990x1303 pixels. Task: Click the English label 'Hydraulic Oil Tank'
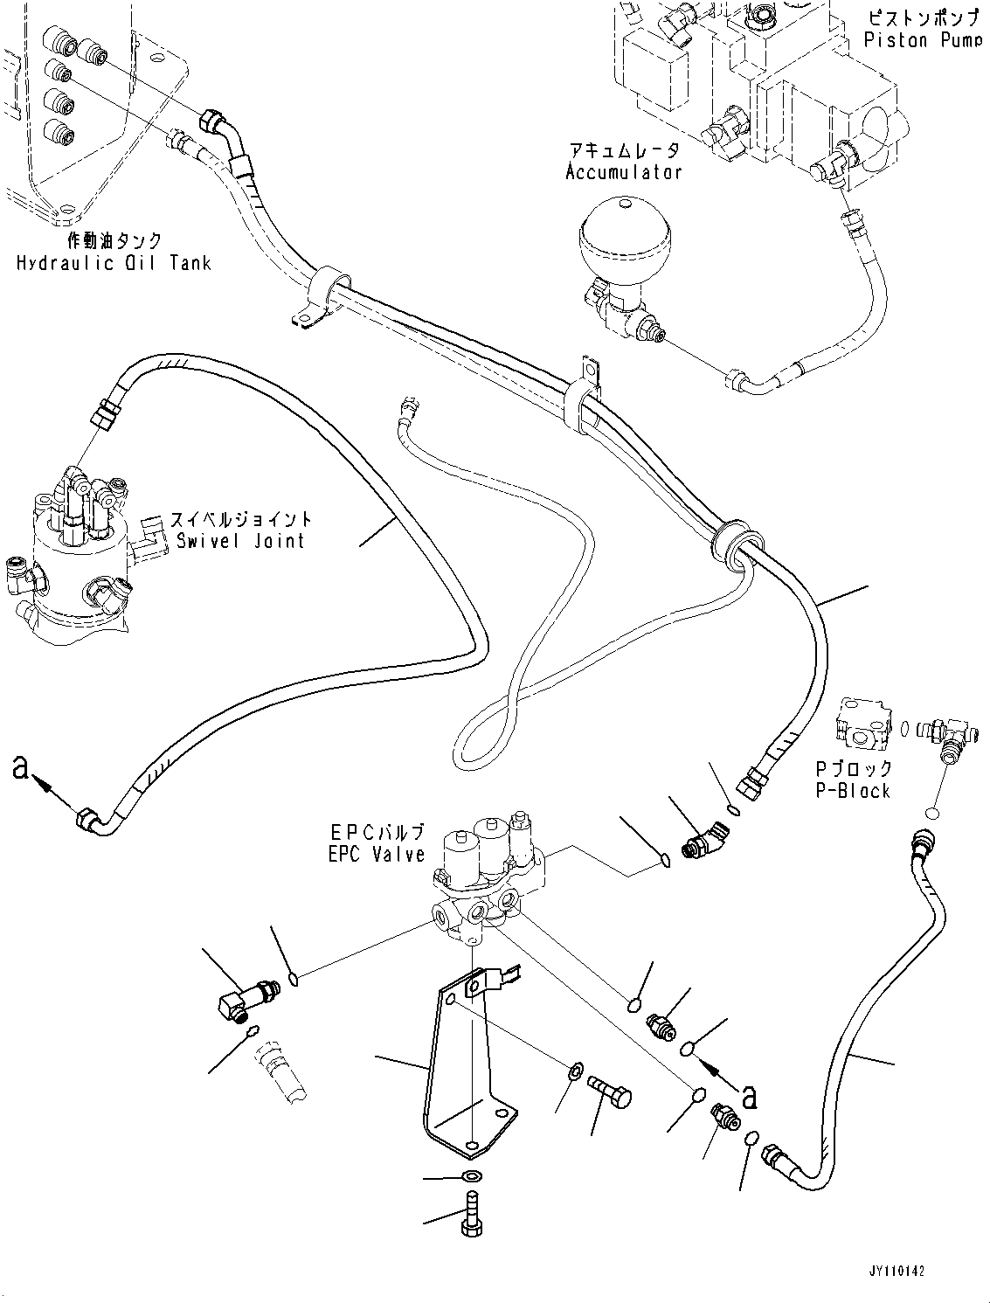point(114,262)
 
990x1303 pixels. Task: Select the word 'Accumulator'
point(623,171)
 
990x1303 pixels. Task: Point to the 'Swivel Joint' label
point(240,540)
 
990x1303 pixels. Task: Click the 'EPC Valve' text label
point(377,854)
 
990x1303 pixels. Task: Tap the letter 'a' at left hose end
point(24,768)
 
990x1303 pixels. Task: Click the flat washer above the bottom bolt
point(471,1176)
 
